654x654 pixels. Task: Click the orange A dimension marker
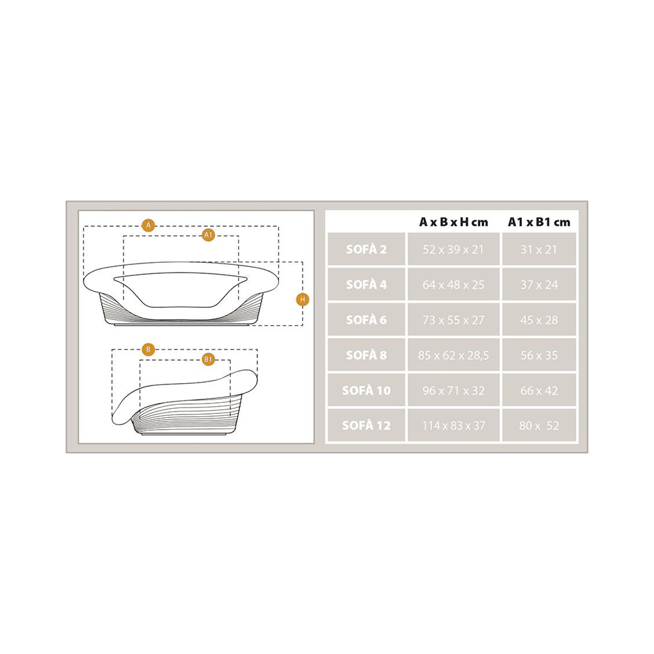click(x=148, y=225)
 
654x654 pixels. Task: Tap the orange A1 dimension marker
click(x=208, y=235)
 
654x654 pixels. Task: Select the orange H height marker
click(x=302, y=299)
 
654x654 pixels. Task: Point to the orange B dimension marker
click(x=148, y=349)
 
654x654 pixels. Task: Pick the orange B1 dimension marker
click(x=208, y=359)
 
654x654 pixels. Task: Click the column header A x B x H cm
click(x=453, y=222)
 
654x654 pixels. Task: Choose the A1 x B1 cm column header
click(x=539, y=222)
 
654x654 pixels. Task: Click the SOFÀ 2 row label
click(x=366, y=249)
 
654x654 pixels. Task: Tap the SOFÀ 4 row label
click(x=366, y=284)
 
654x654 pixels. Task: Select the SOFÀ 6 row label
click(x=366, y=320)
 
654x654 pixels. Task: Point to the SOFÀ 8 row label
click(x=366, y=355)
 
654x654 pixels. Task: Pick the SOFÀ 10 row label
click(x=366, y=390)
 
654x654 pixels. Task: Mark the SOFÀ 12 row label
click(x=366, y=426)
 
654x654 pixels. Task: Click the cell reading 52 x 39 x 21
click(x=453, y=249)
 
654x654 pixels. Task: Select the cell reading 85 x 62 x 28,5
click(x=453, y=355)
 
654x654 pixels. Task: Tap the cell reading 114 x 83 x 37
click(x=454, y=426)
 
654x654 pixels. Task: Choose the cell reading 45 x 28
click(x=539, y=320)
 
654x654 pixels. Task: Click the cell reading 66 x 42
click(x=539, y=390)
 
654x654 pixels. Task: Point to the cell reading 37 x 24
click(x=539, y=285)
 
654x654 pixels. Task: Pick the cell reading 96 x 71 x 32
click(x=453, y=390)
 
